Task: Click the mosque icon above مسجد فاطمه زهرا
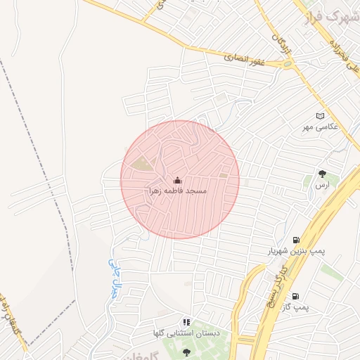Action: [x=176, y=180]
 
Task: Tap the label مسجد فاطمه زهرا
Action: [x=176, y=191]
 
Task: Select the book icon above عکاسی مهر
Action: [x=321, y=116]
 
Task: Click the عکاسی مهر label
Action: [x=321, y=127]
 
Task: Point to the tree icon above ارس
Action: [x=323, y=173]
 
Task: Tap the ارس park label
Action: [x=322, y=184]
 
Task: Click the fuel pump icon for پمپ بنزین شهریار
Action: [x=295, y=240]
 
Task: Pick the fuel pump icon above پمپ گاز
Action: [x=295, y=296]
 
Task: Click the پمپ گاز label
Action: [x=295, y=307]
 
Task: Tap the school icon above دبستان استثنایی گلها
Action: [x=186, y=321]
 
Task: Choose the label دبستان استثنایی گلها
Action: [x=186, y=332]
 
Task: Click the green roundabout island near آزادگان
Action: [x=288, y=63]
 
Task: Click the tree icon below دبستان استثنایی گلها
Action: [x=186, y=351]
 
